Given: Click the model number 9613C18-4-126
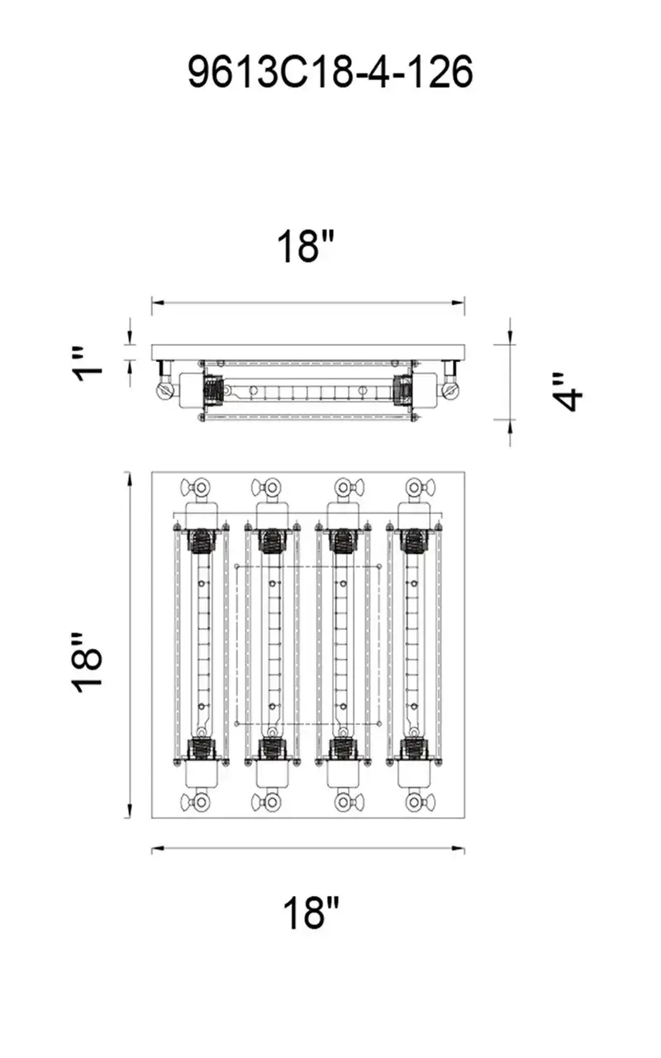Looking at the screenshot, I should pos(330,73).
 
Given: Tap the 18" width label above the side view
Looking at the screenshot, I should pos(306,246).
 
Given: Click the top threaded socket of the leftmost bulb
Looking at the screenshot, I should pos(200,541).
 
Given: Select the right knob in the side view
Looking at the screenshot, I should pos(451,387).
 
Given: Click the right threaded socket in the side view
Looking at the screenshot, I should pos(404,388).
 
